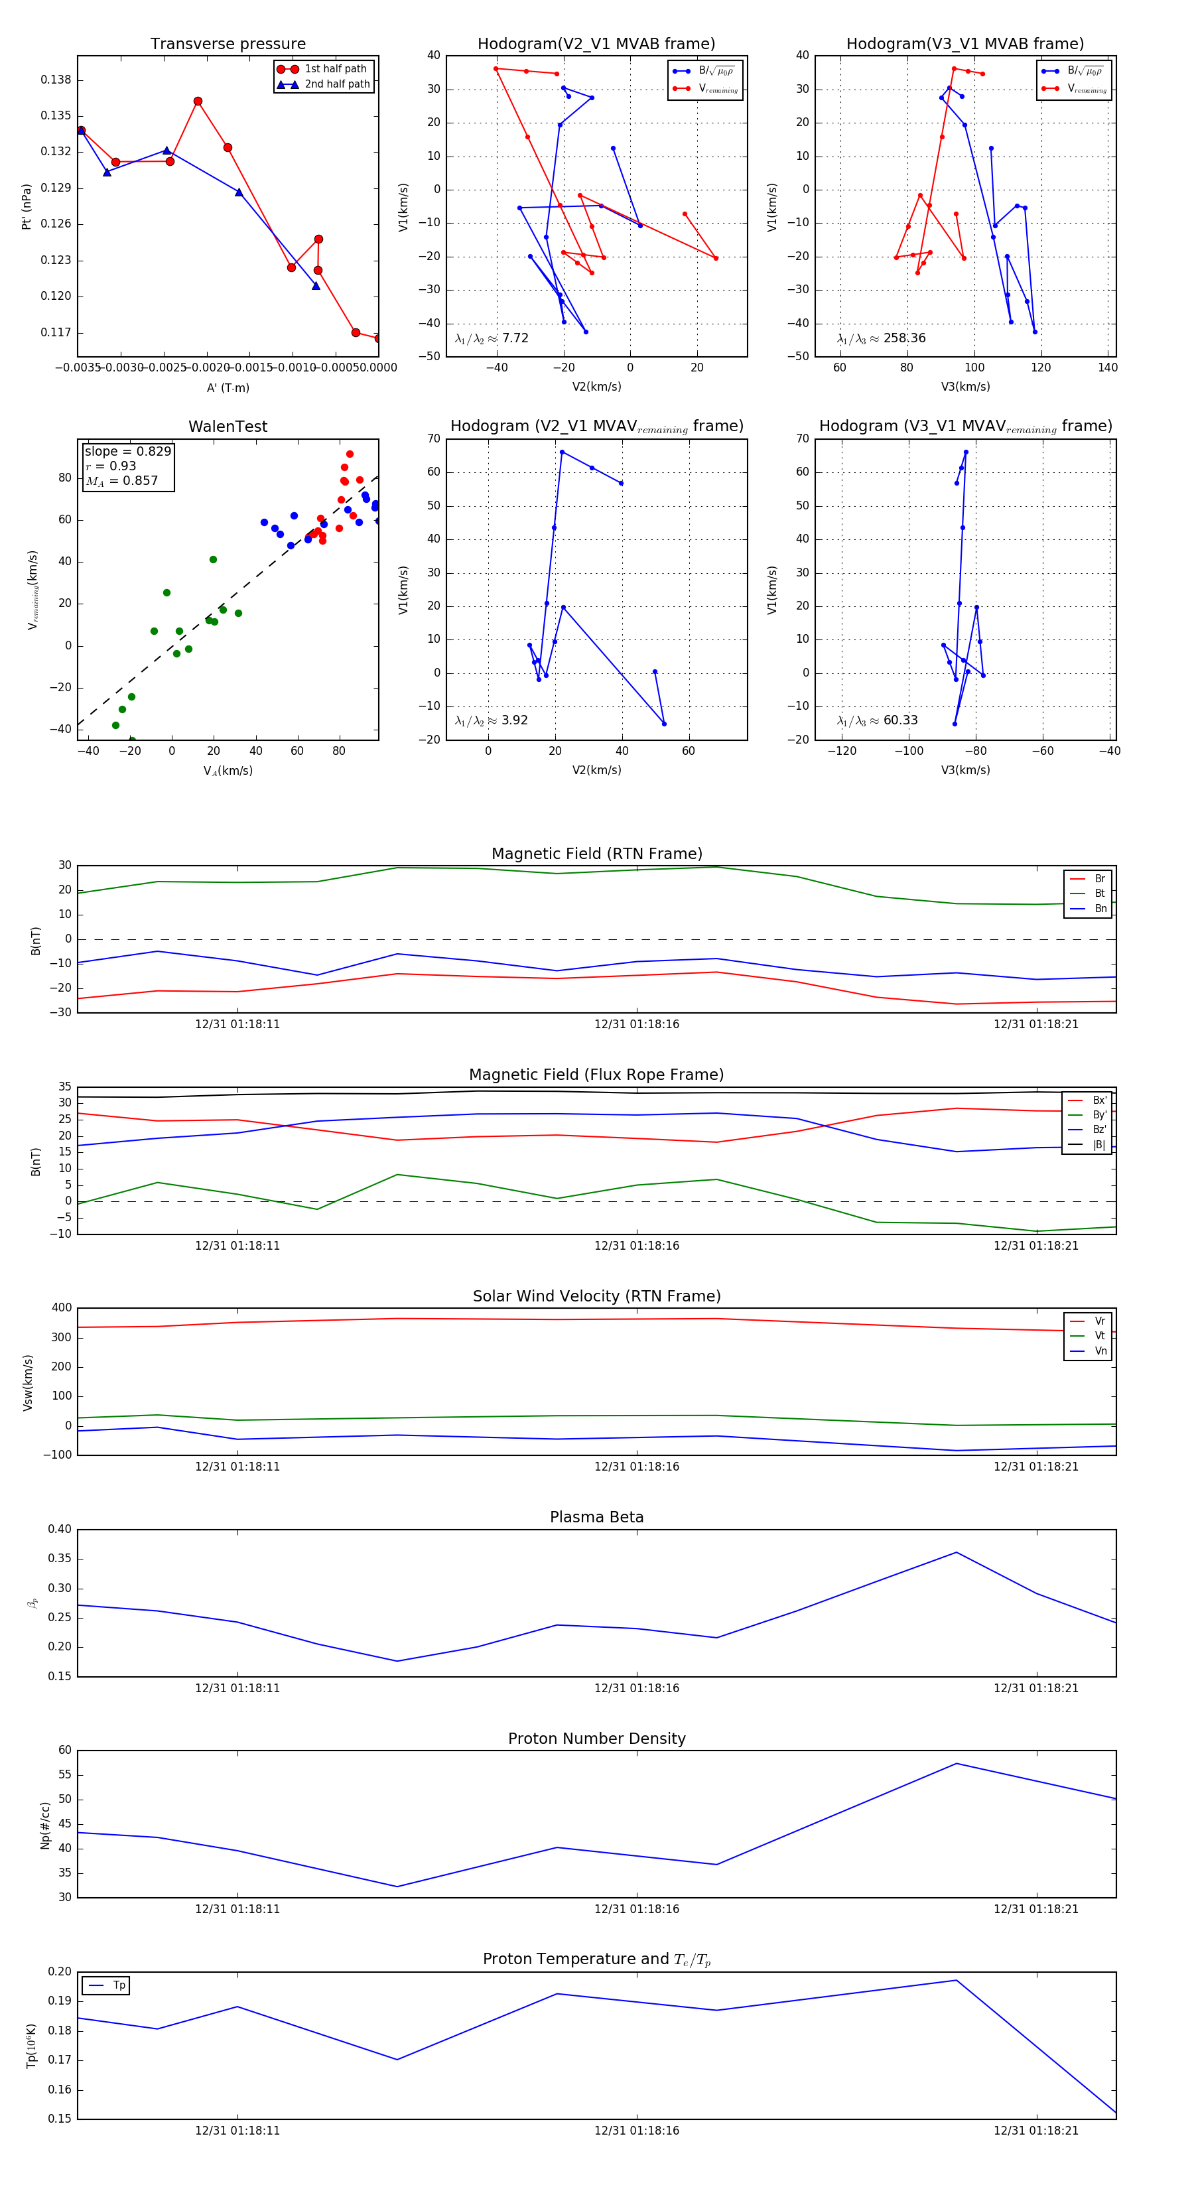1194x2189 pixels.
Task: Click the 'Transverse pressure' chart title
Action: tap(228, 44)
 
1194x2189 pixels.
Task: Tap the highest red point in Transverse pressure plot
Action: tap(198, 101)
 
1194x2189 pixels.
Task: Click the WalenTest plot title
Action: tap(228, 427)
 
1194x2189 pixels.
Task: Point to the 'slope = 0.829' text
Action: tap(127, 451)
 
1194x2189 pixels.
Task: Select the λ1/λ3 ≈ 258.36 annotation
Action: tap(882, 338)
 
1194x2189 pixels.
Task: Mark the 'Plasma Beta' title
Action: tap(596, 1518)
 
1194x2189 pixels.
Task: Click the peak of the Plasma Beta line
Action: tap(956, 1552)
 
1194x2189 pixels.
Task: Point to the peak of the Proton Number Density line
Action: tap(956, 1763)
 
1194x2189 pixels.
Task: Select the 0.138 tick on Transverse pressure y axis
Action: tap(56, 80)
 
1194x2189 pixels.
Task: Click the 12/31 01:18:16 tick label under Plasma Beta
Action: tap(637, 1688)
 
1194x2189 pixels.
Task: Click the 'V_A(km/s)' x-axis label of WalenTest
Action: tap(228, 771)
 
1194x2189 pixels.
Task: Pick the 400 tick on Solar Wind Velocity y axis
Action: tap(61, 1308)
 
